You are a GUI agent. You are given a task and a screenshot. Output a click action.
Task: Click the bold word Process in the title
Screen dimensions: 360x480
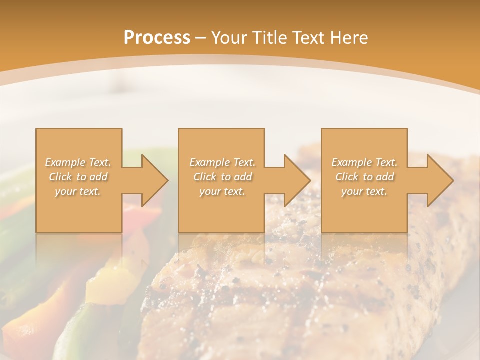[x=157, y=38]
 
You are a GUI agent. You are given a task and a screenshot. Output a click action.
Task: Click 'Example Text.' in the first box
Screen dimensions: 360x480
[x=78, y=162]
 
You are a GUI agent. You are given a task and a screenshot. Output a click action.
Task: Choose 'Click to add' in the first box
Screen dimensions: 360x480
[x=78, y=177]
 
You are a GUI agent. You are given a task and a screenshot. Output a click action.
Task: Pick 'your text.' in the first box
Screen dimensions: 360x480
[x=78, y=191]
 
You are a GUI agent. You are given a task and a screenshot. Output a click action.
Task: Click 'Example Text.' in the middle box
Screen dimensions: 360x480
[x=222, y=162]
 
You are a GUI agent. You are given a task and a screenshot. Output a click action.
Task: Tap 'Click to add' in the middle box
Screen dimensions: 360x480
[x=222, y=177]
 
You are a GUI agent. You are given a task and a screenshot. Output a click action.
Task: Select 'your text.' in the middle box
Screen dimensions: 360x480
[x=222, y=191]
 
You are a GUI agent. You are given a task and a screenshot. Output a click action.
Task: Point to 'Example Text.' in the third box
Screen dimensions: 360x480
[x=364, y=162]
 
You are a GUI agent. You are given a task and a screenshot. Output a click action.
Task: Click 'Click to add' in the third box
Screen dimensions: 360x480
[x=364, y=177]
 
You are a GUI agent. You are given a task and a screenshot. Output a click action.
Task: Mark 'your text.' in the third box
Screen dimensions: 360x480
[x=364, y=191]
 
